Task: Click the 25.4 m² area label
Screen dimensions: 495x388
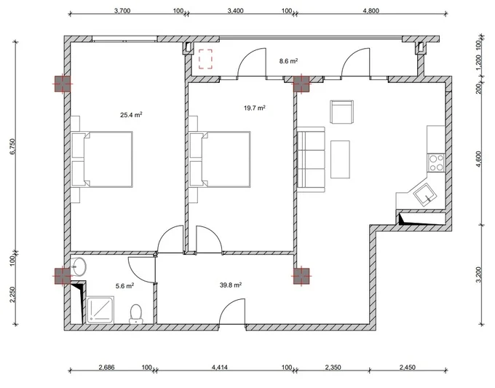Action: coord(131,115)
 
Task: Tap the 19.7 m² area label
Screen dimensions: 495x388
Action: coord(255,108)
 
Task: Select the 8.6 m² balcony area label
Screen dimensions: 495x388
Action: coord(288,61)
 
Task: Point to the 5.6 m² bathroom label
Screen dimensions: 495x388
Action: coord(124,286)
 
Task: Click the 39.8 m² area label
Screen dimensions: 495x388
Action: coord(231,285)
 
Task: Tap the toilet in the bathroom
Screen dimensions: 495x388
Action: coord(136,314)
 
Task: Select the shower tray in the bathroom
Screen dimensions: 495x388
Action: coord(100,310)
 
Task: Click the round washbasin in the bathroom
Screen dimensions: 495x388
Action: coord(79,266)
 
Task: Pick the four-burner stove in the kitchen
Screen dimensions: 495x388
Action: coord(436,163)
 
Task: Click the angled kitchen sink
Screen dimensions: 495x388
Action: coord(425,196)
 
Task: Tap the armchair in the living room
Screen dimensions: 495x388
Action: coord(341,112)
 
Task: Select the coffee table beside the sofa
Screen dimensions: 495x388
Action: coord(341,159)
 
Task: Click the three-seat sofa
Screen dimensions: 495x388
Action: coord(312,159)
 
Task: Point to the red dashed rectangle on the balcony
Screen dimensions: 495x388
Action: coord(205,59)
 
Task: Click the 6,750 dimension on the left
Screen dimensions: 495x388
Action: coord(12,146)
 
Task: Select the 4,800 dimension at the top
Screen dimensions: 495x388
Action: coord(371,11)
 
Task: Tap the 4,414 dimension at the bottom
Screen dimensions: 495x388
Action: coord(219,367)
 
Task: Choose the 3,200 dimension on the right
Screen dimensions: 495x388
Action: coord(479,275)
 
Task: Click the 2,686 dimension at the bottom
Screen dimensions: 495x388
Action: coord(107,367)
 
